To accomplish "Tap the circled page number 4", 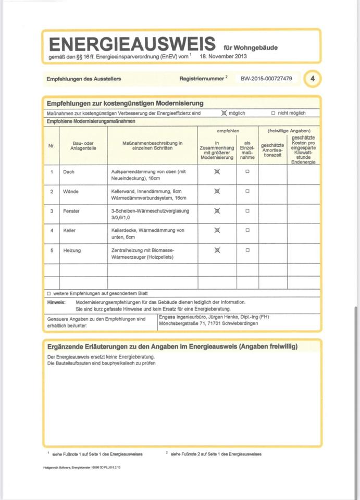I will [x=312, y=79].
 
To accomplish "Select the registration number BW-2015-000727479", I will [x=266, y=79].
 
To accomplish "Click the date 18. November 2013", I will [x=224, y=56].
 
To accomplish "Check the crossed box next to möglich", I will [x=224, y=113].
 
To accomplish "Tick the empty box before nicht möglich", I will [x=274, y=113].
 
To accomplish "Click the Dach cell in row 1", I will [x=68, y=172].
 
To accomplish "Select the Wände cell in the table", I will [x=71, y=192].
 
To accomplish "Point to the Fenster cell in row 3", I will [x=72, y=211].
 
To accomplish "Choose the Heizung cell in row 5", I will [x=72, y=251].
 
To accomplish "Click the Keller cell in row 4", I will [x=70, y=230].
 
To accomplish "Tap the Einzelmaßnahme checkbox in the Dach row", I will [x=247, y=171].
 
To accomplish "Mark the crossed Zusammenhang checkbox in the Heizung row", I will [x=217, y=251].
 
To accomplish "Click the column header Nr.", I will [x=52, y=146].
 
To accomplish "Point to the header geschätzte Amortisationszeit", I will [x=272, y=149].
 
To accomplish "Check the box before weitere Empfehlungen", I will [x=48, y=294].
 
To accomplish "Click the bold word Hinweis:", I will [x=56, y=302].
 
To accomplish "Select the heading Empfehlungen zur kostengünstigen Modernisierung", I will [x=125, y=104].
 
